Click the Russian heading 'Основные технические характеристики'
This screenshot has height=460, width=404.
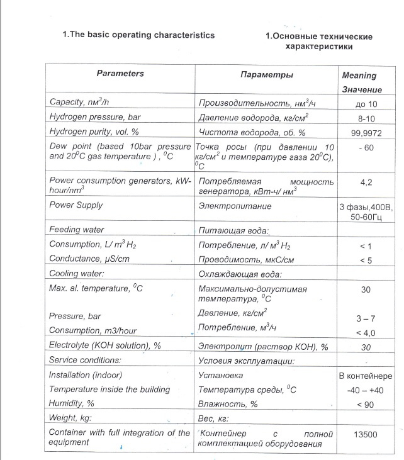tap(319, 42)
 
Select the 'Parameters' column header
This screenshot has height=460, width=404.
tap(120, 74)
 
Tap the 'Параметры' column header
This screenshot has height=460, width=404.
tap(266, 75)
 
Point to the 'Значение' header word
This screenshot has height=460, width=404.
tap(362, 90)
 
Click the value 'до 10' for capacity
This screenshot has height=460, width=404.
tap(366, 104)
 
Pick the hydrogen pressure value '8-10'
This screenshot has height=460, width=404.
tap(366, 118)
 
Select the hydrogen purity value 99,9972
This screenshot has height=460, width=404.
tap(366, 132)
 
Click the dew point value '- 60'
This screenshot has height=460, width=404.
tap(366, 147)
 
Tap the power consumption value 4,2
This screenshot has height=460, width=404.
tap(366, 182)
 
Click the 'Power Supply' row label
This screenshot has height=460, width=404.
tap(76, 205)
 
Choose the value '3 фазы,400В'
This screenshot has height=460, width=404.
tap(366, 207)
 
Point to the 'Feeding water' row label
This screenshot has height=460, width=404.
tap(77, 230)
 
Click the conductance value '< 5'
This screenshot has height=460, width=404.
tap(366, 260)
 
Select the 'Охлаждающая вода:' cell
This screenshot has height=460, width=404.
tap(239, 274)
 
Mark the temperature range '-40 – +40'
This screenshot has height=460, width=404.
tap(366, 390)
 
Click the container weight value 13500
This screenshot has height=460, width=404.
tap(366, 434)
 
